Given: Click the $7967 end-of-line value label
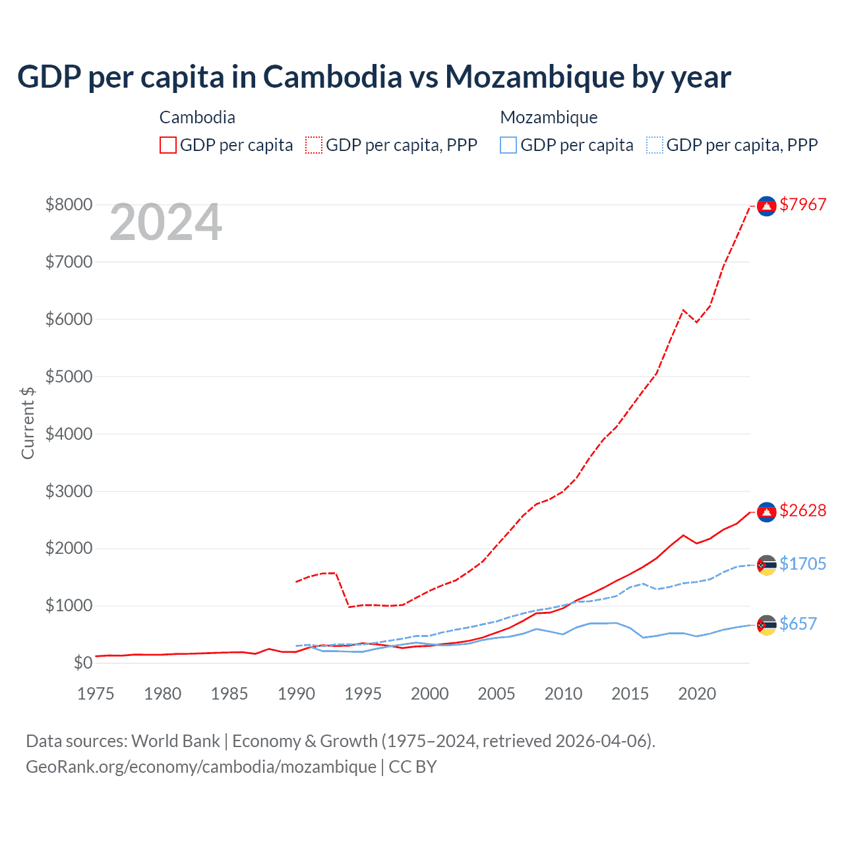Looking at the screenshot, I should pos(802,204).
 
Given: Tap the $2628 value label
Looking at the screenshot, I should pos(802,510).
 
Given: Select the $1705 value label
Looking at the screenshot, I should pos(802,564).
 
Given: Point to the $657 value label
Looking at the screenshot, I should pos(798,624).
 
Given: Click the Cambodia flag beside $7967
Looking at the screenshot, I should pos(766,206).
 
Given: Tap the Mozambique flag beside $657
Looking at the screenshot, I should pos(766,624).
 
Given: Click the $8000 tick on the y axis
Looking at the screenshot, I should pos(69,204).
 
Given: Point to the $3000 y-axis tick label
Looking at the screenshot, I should pos(69,491).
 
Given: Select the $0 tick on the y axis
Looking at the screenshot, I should pos(82,663).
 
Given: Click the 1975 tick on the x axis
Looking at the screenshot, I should pos(96,694).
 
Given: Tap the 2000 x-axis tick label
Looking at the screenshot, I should pos(430,694).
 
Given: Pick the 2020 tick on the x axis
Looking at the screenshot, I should pos(697,694).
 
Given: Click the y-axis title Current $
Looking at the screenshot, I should pos(28,423).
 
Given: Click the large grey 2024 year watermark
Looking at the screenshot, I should pos(166,223).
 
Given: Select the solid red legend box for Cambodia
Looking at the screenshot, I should pos(168,145).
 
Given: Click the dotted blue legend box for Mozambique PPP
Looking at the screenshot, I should pos(655,145).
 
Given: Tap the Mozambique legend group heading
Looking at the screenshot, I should pos(549,117).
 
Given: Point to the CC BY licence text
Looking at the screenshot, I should pos(413,767).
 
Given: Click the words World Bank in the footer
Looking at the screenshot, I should pos(175,741).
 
